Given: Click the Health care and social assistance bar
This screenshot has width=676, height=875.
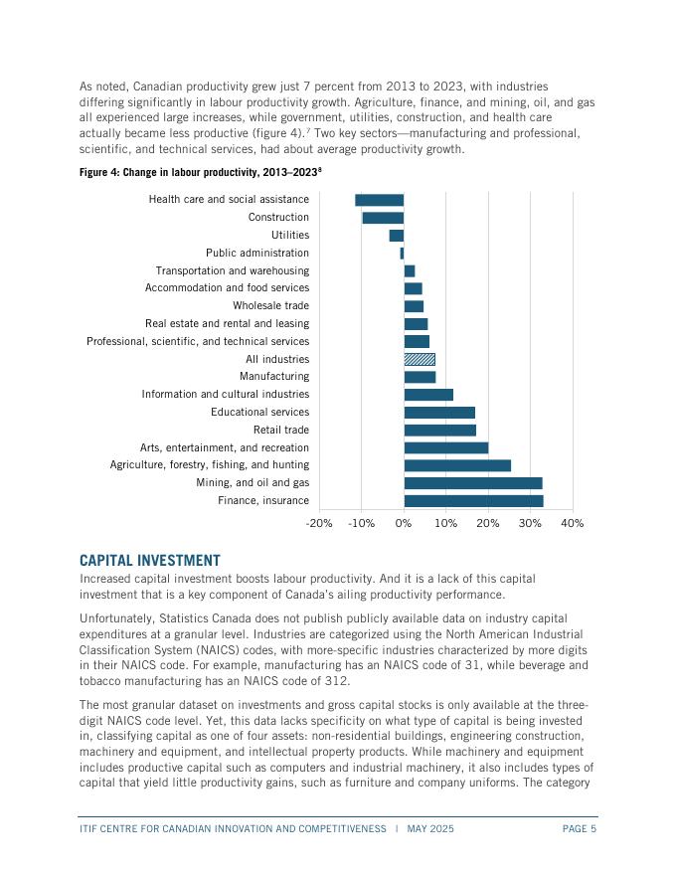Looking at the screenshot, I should (x=380, y=200).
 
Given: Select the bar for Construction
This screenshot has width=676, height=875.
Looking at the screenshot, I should (x=383, y=218).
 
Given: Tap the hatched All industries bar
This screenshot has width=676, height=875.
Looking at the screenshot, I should (x=420, y=359).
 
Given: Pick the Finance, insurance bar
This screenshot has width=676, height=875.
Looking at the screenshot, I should (x=473, y=500).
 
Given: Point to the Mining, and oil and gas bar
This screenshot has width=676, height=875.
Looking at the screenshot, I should (x=473, y=483).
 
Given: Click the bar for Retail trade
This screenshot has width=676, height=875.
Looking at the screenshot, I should (x=439, y=430).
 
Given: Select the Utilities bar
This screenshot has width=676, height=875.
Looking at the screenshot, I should (x=397, y=236).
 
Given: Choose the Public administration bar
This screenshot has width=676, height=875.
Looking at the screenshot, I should (x=402, y=254).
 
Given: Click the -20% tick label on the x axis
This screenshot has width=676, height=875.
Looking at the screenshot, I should (x=319, y=524).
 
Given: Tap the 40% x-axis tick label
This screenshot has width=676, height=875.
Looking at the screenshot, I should (x=573, y=524).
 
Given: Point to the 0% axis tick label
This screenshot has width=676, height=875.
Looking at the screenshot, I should (x=404, y=524).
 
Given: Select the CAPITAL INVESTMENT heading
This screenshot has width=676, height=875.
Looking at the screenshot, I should (x=149, y=562).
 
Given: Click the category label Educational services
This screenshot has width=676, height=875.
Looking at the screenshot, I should (x=259, y=412).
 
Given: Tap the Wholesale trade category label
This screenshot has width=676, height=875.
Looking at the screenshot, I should (x=270, y=306).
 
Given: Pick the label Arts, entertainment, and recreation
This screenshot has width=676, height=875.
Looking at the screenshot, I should (x=224, y=447).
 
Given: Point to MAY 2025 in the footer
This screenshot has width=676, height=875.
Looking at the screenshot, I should (x=428, y=828).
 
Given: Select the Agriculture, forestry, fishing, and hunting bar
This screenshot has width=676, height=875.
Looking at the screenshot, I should (x=457, y=465).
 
